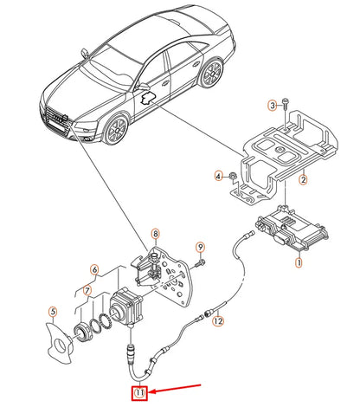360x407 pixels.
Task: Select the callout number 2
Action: tap(303, 180)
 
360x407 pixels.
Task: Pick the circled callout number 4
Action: tap(218, 176)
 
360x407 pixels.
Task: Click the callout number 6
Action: tap(95, 270)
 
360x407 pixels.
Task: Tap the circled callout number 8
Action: tap(155, 234)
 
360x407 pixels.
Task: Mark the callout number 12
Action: tap(218, 321)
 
